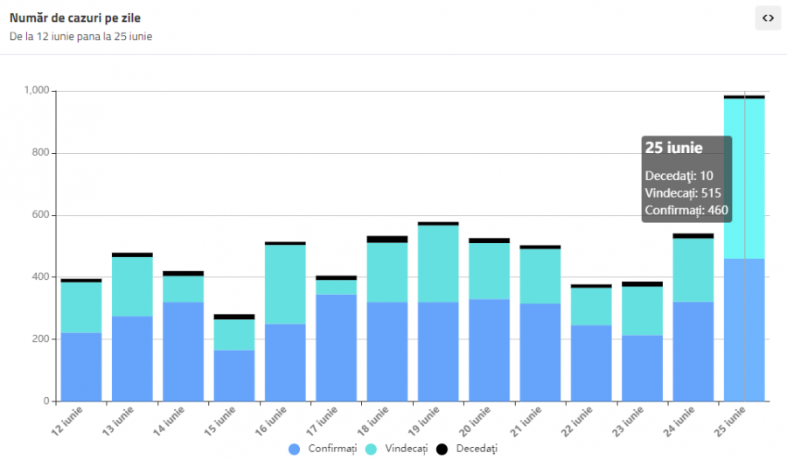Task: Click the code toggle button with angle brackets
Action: [768, 17]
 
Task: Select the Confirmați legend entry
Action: [324, 449]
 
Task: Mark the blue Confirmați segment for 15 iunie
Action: [233, 375]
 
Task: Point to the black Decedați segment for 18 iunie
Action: [387, 239]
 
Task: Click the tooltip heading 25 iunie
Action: [674, 148]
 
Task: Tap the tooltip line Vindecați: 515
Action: [683, 193]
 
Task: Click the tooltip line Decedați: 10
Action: [679, 176]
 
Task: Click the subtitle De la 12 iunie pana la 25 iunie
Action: [81, 37]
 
